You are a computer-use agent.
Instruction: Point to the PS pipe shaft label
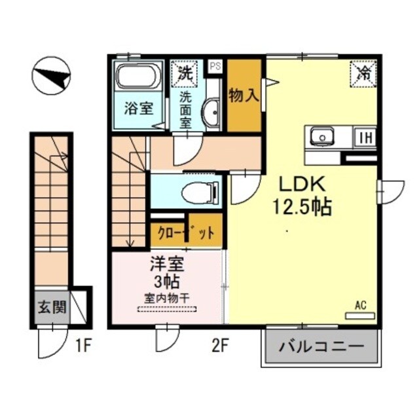215,65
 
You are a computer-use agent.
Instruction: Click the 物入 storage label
244,94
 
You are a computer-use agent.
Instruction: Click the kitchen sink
322,137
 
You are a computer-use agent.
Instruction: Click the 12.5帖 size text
301,208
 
